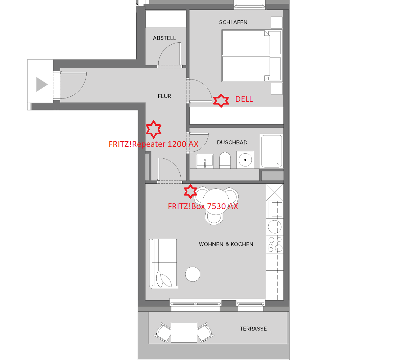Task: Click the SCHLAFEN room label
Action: (x=233, y=22)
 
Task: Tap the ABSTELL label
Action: (x=164, y=38)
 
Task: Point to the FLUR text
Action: (x=164, y=96)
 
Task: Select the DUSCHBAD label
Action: (x=232, y=142)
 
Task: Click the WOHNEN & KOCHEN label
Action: (x=226, y=244)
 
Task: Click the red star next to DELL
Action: (x=221, y=100)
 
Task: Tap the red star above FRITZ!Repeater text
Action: (x=154, y=129)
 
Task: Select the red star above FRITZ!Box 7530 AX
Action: (x=190, y=192)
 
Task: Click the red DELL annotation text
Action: (x=244, y=99)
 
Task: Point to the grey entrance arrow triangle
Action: (x=42, y=84)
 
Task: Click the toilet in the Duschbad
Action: (x=225, y=160)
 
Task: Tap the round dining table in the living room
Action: (x=216, y=201)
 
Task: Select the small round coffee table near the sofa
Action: (x=193, y=274)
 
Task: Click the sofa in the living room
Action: (x=163, y=264)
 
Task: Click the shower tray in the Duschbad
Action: (x=272, y=151)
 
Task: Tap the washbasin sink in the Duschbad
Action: (x=205, y=161)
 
